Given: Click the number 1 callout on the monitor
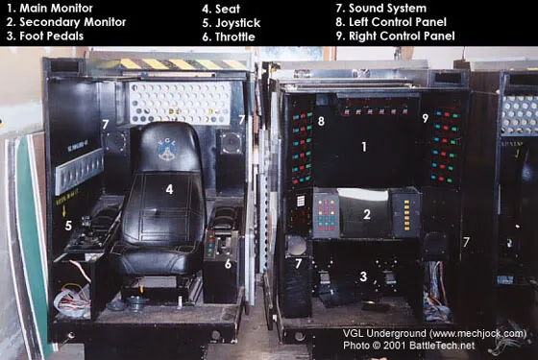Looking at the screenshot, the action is (364, 147).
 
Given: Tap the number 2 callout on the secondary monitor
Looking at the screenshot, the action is (367, 214).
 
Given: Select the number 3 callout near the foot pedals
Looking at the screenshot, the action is (363, 276).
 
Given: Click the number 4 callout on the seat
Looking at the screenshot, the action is (169, 189).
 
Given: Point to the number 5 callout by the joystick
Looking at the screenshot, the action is (68, 226).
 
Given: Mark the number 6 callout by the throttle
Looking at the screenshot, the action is (229, 264).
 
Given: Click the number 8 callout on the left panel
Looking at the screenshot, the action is (321, 121).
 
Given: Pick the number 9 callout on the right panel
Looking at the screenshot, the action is (426, 118).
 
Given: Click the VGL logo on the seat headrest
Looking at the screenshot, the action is (167, 150).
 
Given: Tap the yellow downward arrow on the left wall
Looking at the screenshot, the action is (64, 211).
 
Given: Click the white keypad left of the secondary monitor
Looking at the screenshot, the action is (301, 201).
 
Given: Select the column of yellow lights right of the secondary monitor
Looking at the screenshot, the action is (406, 215).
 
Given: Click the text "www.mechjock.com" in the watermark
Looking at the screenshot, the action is (477, 333).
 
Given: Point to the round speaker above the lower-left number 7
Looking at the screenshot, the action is (296, 246).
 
